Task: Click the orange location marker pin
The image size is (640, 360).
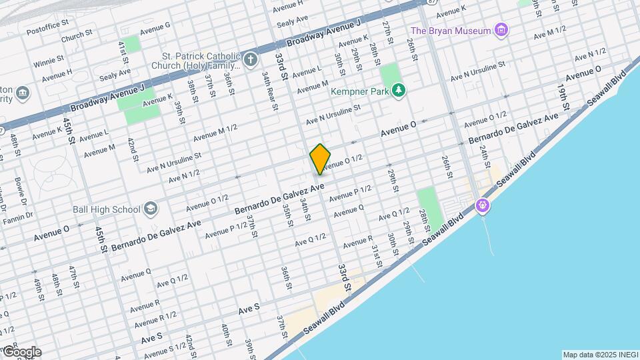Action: coord(320,159)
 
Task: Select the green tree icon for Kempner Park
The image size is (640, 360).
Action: coord(399,89)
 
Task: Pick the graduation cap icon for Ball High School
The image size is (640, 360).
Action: coord(151,209)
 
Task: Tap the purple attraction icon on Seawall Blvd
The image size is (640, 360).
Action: coord(483,206)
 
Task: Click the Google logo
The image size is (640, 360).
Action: coord(21,352)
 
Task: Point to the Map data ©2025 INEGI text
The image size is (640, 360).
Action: coord(599,354)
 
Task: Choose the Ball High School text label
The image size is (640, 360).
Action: coord(107,209)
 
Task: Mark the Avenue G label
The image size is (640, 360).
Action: coord(155,25)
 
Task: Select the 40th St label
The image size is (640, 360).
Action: coord(227,332)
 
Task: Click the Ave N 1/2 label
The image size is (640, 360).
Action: coord(184,176)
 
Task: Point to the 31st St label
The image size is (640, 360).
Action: coord(376,255)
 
